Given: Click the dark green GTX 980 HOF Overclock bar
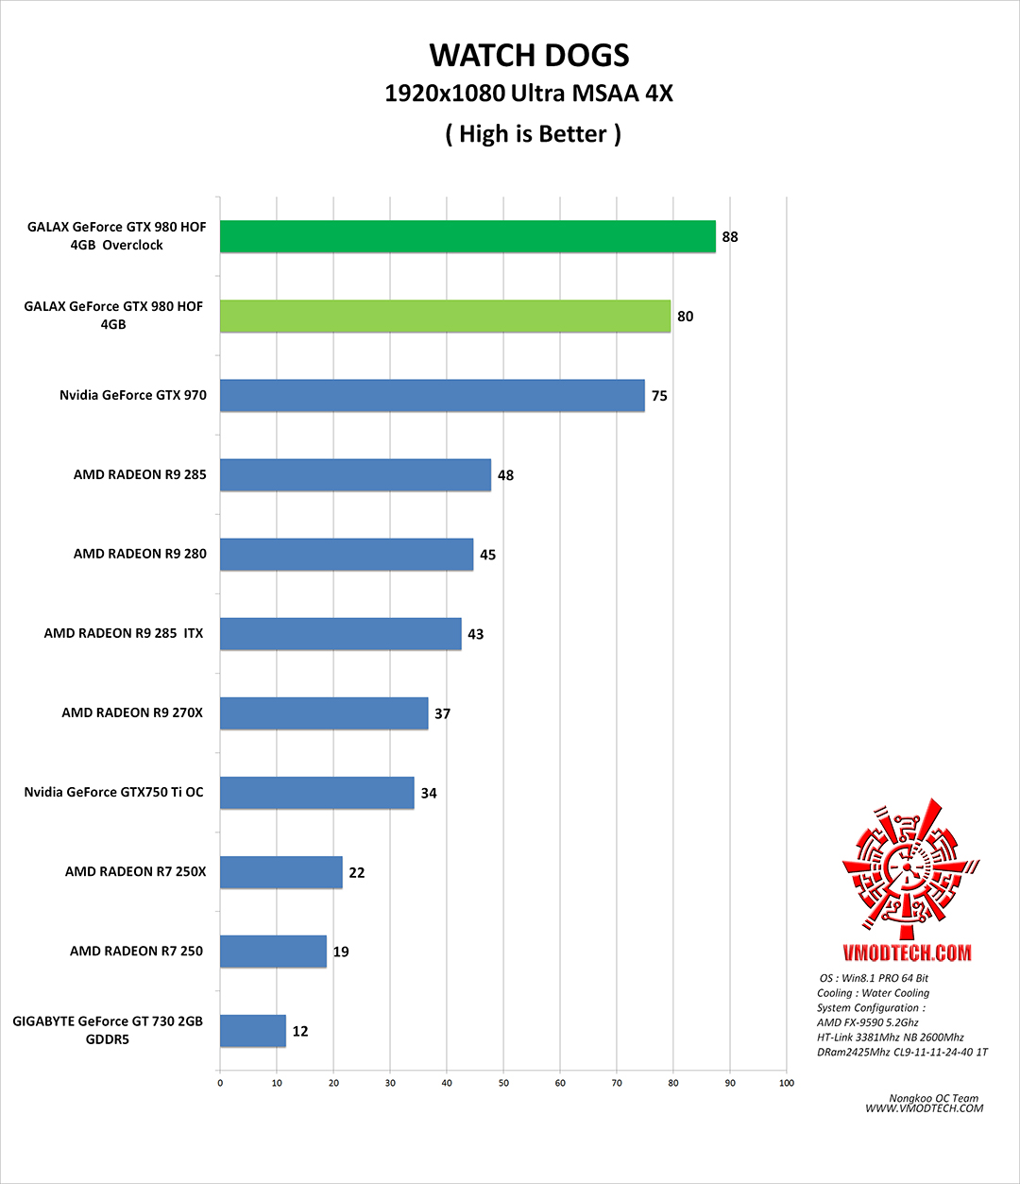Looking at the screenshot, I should point(467,236).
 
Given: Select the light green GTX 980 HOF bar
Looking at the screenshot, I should point(445,316).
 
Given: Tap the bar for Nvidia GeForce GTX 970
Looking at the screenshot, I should point(432,395).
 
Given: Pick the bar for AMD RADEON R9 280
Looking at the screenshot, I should point(347,554).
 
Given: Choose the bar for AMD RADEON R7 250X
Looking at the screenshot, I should point(280,871).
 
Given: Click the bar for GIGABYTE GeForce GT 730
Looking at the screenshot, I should point(252,1030).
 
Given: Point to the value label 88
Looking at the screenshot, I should point(730,236).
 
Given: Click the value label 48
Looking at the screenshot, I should point(505,475).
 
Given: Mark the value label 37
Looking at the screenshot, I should point(442,713).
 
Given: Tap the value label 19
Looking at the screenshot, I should point(341,952).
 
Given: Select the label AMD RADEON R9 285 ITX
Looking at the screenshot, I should point(124,633).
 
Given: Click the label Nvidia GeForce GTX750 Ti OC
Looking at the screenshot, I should point(113,792).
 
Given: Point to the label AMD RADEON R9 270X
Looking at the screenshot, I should point(132,712).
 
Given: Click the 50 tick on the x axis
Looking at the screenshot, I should point(503,1083).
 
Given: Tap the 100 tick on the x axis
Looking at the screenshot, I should point(787,1083).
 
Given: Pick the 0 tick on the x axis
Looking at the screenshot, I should point(220,1083).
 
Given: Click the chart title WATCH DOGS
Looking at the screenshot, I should point(529,56).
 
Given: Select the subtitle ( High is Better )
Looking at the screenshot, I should point(533,134).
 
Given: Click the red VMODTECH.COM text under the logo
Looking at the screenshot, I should point(907,952).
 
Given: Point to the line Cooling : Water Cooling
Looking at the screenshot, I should point(873,993).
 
